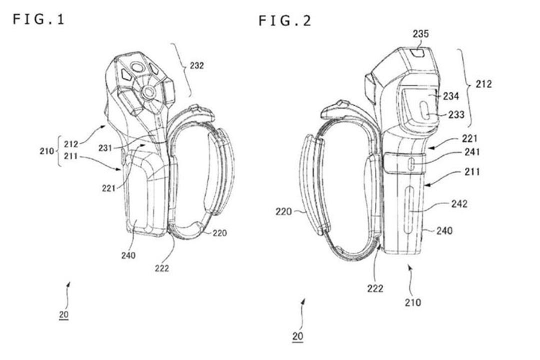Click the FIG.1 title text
pos(38,19)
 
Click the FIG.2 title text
pos(285,21)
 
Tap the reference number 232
pos(196,65)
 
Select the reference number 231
pos(105,148)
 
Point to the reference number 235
pos(421,33)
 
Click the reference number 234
pos(451,96)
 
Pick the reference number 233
pos(456,114)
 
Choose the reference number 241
pos(472,151)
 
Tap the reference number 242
pos(459,203)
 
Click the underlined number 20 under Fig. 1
pos(63,314)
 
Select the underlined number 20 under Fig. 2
pos(297,336)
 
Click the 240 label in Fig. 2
pos(444,230)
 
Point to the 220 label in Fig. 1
pos(219,233)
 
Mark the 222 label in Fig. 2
pos(375,288)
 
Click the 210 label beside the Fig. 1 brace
pos(46,151)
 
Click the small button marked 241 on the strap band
pos(411,163)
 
